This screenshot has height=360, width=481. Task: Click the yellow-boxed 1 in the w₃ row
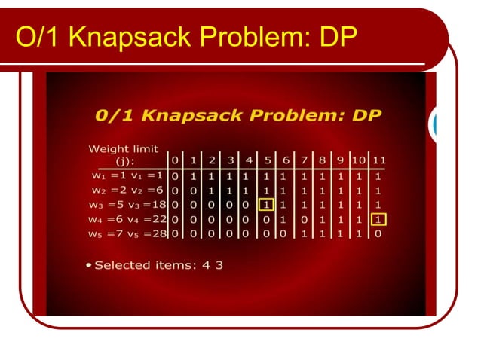point(265,204)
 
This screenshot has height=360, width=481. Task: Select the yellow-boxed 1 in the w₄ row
point(378,219)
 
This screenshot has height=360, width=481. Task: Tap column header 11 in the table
point(378,160)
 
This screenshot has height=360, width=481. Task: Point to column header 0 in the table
point(175,160)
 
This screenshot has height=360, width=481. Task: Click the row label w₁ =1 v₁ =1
point(124,175)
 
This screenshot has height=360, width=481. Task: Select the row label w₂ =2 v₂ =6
point(124,190)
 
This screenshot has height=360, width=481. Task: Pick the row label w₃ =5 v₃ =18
point(127,204)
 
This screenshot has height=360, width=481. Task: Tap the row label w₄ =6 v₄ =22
point(127,219)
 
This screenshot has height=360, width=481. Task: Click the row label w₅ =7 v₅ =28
point(127,234)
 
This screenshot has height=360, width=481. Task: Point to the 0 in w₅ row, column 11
point(378,234)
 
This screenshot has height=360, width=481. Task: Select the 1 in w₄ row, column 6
point(285,219)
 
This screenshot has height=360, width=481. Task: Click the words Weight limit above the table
point(123,148)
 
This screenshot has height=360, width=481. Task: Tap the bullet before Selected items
point(89,265)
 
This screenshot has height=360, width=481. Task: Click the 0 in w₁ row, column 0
point(175,175)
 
